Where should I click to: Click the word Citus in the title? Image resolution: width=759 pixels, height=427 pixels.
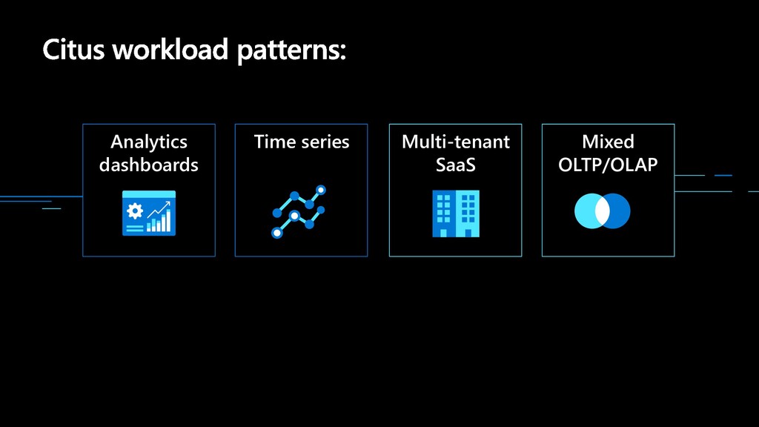point(73,50)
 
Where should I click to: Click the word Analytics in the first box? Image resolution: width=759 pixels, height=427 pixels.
point(148,142)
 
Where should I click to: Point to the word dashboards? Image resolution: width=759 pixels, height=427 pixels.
point(148,165)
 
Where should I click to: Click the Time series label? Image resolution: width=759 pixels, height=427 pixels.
point(302,142)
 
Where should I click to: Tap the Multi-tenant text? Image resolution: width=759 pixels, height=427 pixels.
point(456,142)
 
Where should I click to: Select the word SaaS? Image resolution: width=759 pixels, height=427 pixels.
point(456,165)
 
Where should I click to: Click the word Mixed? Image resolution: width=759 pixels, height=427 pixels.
point(608,142)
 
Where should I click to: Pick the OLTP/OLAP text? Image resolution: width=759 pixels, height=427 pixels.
point(608,165)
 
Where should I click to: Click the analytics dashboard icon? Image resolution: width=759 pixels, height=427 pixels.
point(148,213)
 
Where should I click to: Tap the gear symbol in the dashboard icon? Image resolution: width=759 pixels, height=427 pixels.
point(135,211)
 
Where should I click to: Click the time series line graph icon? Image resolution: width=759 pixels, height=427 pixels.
point(299,211)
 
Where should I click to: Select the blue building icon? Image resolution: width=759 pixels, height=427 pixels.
point(456,213)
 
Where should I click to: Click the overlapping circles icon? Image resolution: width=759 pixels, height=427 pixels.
point(602,211)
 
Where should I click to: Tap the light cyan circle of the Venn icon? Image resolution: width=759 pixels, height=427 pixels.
point(585,211)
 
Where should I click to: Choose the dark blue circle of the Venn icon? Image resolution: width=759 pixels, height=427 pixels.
point(620,211)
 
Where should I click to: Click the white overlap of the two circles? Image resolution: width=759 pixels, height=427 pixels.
point(602,211)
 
